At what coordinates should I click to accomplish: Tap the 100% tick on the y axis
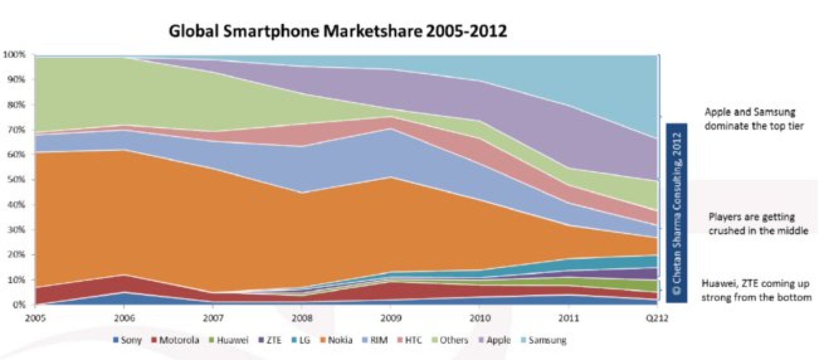pos(15,55)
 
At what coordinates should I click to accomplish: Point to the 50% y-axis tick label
pos(16,180)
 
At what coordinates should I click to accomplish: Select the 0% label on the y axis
pos(18,305)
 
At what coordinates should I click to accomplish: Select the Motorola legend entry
pos(175,340)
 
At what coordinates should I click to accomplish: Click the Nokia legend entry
pos(337,340)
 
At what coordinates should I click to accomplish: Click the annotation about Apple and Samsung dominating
pos(754,119)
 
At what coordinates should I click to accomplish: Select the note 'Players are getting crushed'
pos(758,224)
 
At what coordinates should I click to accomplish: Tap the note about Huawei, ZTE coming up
pos(756,290)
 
